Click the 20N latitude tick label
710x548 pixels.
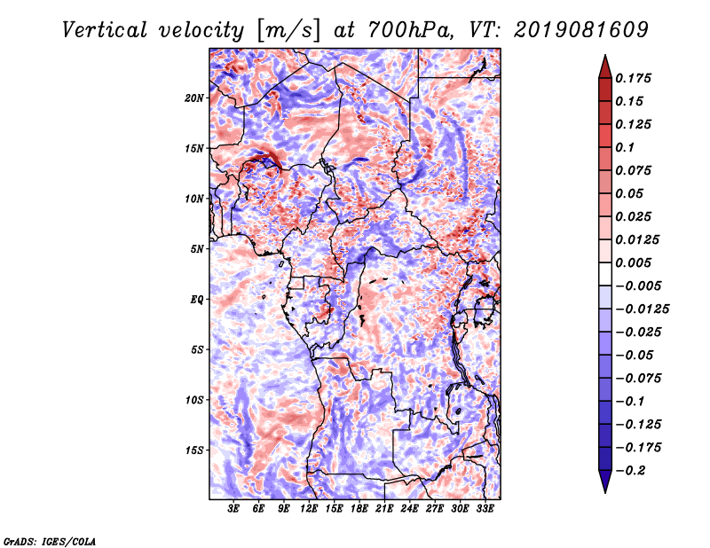193,98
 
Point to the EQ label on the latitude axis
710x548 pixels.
196,300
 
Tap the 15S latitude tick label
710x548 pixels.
194,450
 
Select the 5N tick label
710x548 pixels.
197,249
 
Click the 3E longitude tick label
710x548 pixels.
233,508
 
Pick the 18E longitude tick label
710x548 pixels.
359,508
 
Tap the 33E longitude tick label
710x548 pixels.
485,508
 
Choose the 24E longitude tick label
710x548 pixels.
409,508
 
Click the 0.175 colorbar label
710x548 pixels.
633,78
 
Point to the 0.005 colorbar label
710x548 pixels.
633,262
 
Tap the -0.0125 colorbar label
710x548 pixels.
642,309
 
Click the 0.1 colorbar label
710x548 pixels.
625,147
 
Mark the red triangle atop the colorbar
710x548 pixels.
605,67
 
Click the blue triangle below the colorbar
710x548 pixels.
605,481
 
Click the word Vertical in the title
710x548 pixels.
105,30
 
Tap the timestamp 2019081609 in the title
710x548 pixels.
581,30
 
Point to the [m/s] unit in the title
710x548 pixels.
288,31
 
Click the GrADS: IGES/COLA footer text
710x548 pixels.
50,542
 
